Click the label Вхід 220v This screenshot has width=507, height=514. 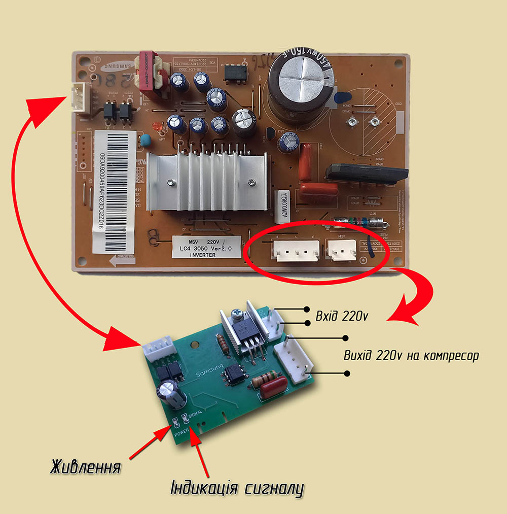[x=341, y=316]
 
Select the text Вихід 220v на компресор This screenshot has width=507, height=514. [x=411, y=355]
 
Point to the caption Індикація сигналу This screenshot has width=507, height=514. [x=237, y=489]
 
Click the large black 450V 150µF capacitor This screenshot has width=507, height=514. [x=300, y=83]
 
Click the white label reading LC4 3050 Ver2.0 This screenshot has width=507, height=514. [x=205, y=247]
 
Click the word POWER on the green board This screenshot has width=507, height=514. [x=182, y=434]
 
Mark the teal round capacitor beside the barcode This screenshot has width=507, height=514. [x=146, y=140]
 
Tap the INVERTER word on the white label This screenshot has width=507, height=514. [x=203, y=255]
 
